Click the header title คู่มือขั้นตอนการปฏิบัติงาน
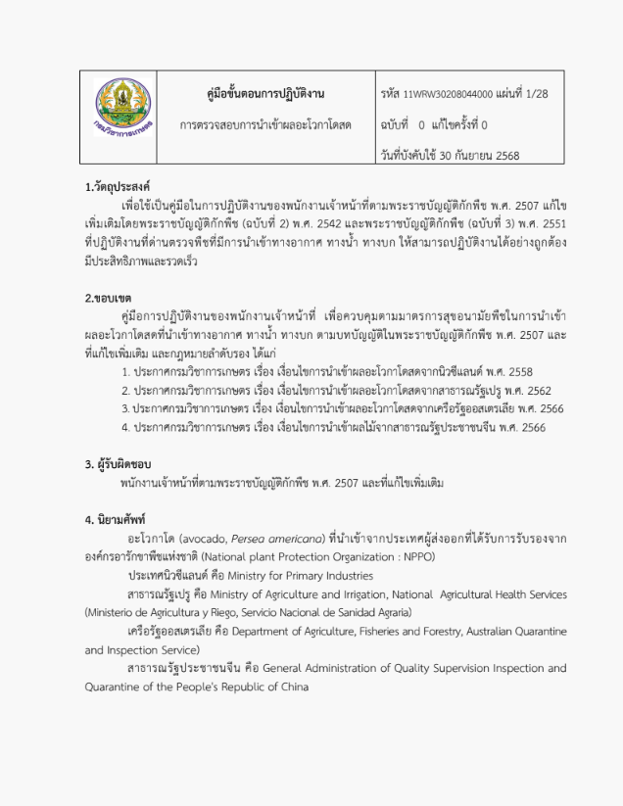coord(260,94)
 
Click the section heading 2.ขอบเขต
coord(108,297)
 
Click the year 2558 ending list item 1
coord(520,371)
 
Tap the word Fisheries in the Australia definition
coord(371,631)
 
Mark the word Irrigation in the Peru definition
coord(357,594)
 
